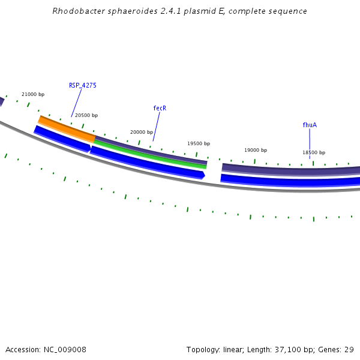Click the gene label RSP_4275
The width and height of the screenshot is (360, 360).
pos(82,85)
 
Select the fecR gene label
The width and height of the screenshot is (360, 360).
pos(159,108)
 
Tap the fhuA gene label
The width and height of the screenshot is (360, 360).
pos(309,125)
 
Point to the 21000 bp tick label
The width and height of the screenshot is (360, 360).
pos(33,94)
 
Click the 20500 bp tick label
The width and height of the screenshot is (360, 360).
pos(86,115)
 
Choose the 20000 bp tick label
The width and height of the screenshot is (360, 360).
pos(142,132)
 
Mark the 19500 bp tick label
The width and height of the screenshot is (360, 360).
pos(199,143)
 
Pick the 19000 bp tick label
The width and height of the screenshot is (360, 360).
pos(256,150)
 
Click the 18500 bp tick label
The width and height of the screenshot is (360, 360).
pos(314,152)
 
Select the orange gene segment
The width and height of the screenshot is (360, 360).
pos(66,128)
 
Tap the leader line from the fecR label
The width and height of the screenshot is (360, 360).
pos(156,127)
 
